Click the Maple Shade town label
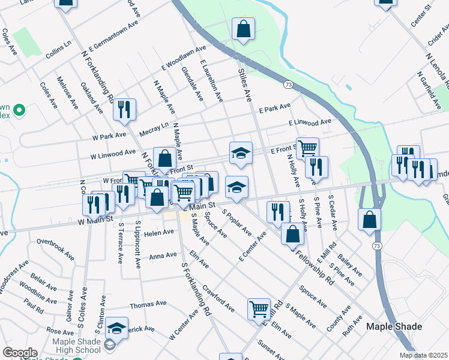pyautogui.click(x=394, y=327)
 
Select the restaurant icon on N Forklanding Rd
pyautogui.click(x=124, y=109)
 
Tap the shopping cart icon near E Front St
pyautogui.click(x=307, y=148)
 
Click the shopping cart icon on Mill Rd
pyautogui.click(x=259, y=309)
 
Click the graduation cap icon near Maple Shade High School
pyautogui.click(x=117, y=328)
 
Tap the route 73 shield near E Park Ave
pyautogui.click(x=289, y=86)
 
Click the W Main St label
pyautogui.click(x=95, y=220)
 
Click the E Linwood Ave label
pyautogui.click(x=309, y=122)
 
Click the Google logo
pyautogui.click(x=19, y=353)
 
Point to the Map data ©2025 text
pyautogui.click(x=423, y=355)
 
